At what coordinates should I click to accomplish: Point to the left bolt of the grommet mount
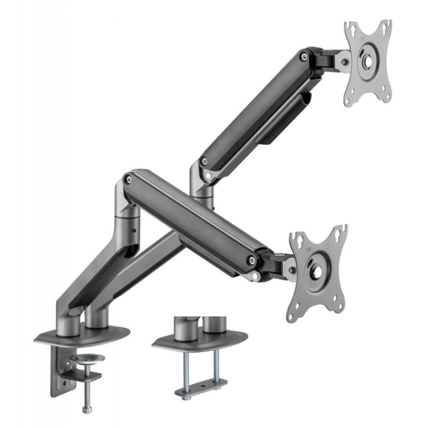[x=186, y=366]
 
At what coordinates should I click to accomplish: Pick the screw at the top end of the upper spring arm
[x=304, y=56]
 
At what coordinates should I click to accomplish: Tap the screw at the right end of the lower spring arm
[x=252, y=261]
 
